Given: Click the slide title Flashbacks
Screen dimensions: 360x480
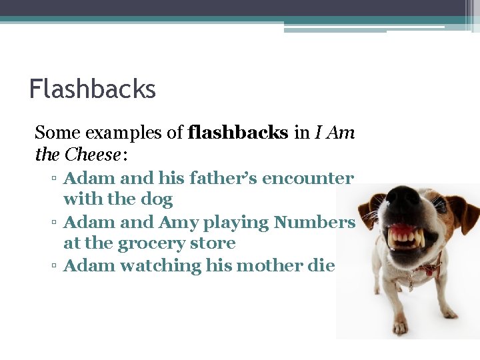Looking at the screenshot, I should [92, 89].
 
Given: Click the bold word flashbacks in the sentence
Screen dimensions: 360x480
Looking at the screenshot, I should [239, 133].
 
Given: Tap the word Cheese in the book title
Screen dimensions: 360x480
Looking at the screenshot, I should [93, 155].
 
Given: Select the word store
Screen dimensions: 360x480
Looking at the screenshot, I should [213, 243].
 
